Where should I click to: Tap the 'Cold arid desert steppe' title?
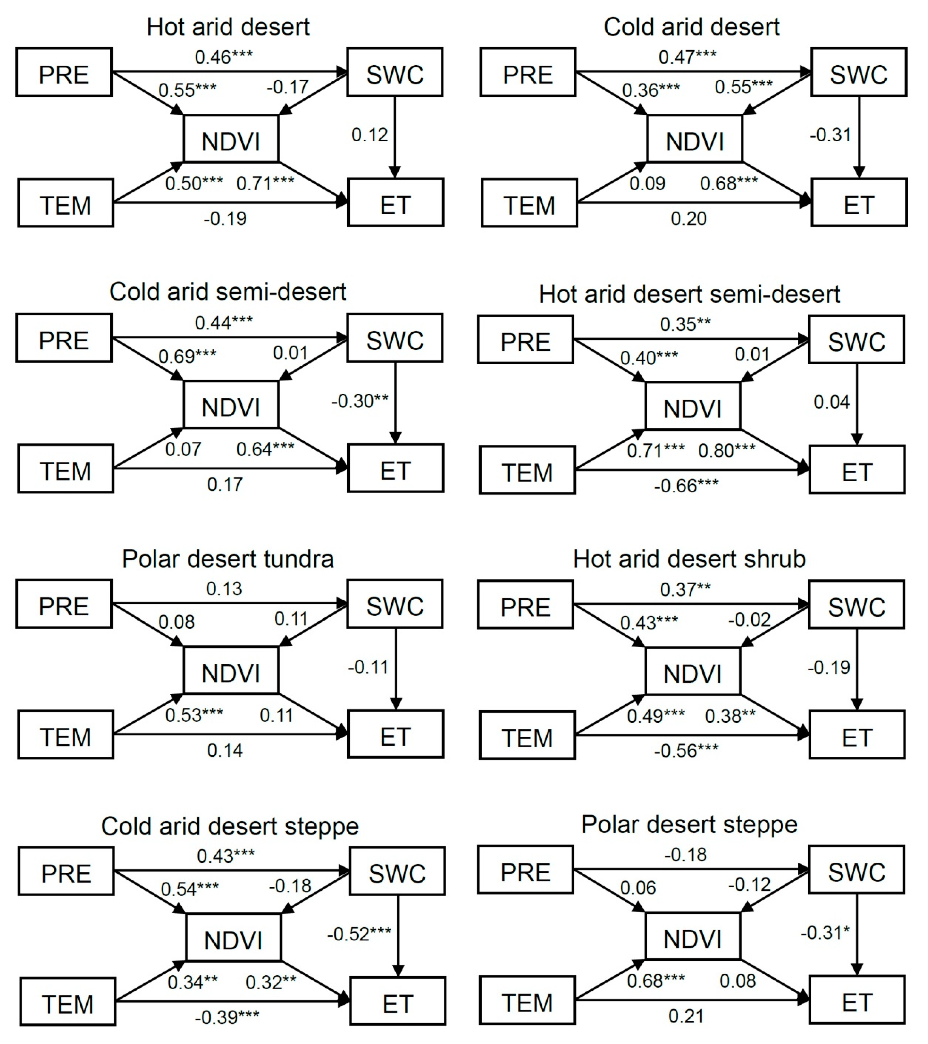(230, 827)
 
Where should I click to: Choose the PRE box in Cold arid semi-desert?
(64, 338)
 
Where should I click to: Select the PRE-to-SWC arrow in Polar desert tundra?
(230, 603)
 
